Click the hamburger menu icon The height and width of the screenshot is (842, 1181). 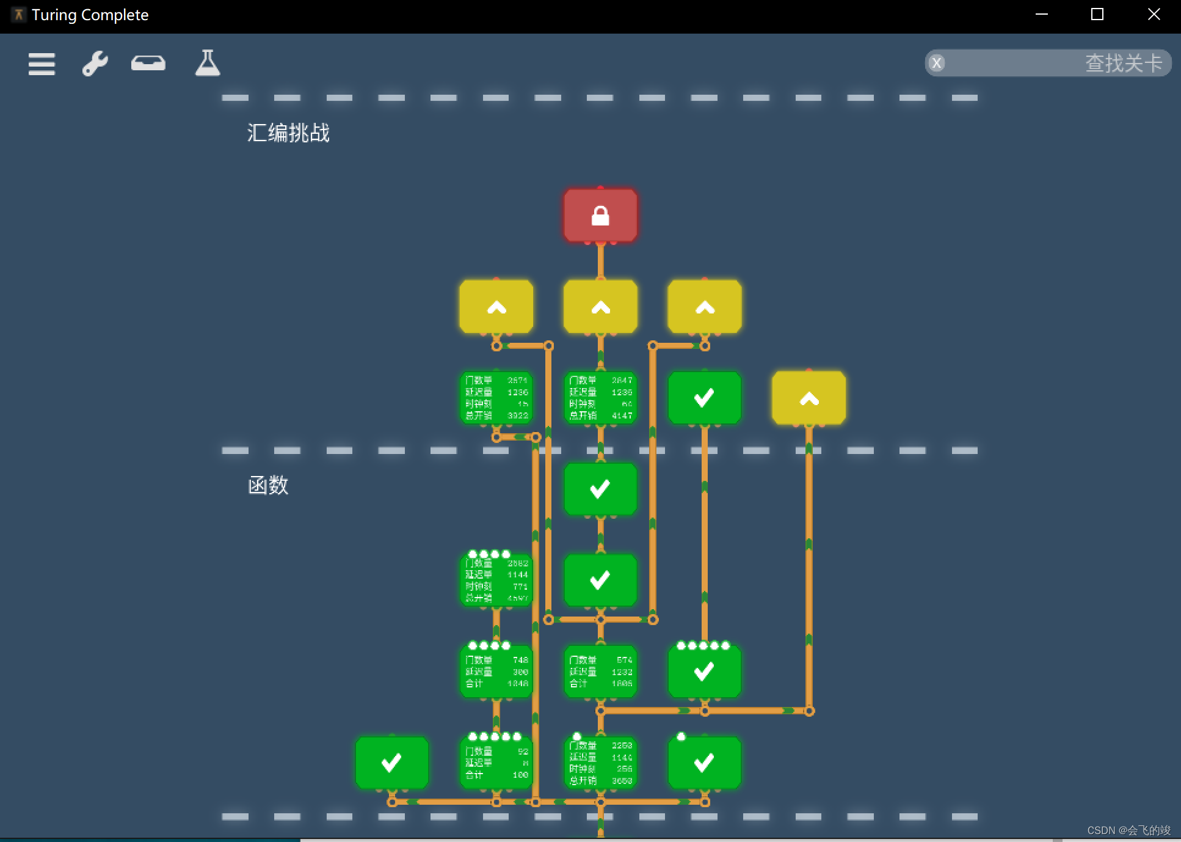pyautogui.click(x=42, y=64)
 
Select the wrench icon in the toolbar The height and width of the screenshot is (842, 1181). pyautogui.click(x=95, y=63)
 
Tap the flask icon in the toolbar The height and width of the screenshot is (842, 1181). pyautogui.click(x=208, y=63)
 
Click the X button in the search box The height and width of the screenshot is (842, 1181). pyautogui.click(x=937, y=63)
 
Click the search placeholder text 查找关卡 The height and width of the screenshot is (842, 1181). pyautogui.click(x=1123, y=63)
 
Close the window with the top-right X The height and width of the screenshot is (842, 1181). pyautogui.click(x=1154, y=14)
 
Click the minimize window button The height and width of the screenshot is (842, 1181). pyautogui.click(x=1042, y=14)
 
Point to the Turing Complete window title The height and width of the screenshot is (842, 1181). pyautogui.click(x=90, y=15)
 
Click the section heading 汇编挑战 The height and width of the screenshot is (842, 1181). pyautogui.click(x=288, y=133)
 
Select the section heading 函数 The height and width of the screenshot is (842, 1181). pyautogui.click(x=268, y=485)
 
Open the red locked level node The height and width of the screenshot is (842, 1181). pyautogui.click(x=600, y=216)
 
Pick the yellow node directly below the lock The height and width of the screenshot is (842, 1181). pyautogui.click(x=600, y=307)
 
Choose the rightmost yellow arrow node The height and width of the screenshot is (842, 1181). pyautogui.click(x=809, y=398)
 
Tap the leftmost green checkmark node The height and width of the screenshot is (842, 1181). pyautogui.click(x=391, y=763)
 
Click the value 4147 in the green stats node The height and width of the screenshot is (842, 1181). pyautogui.click(x=622, y=416)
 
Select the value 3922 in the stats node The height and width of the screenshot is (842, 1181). pyautogui.click(x=518, y=416)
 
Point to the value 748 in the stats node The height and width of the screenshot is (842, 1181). pyautogui.click(x=520, y=660)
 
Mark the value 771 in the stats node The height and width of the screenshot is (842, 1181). pyautogui.click(x=520, y=587)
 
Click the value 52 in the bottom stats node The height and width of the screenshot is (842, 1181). pyautogui.click(x=523, y=752)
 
